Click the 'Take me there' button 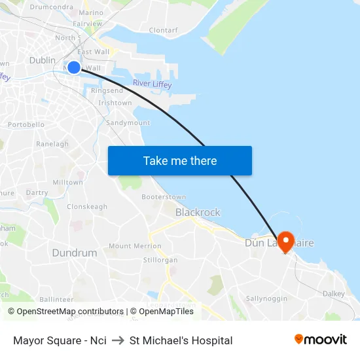tap(180, 160)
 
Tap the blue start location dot tap(74, 67)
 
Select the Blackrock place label tap(198, 212)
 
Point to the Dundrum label tap(75, 253)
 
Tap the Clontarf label tap(163, 30)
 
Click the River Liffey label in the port tap(152, 84)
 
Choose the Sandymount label tap(128, 122)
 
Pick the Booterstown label tap(164, 197)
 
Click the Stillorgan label tap(160, 260)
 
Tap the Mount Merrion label tap(135, 246)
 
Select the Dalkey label tap(333, 294)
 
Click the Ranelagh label tap(52, 144)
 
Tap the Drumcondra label tap(51, 7)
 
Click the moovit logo tap(321, 339)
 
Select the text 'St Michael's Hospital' tap(181, 340)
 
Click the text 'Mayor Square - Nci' tap(60, 340)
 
